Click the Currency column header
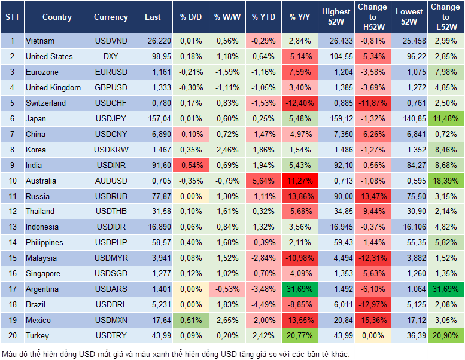click(111, 17)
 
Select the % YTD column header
click(263, 17)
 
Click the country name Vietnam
click(40, 41)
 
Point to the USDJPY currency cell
click(111, 118)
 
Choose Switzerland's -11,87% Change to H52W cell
click(373, 103)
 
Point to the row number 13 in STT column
click(12, 227)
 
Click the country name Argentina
click(42, 289)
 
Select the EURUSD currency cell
click(111, 72)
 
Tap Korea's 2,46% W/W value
click(226, 150)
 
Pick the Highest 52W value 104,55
click(336, 57)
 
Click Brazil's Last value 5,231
click(154, 304)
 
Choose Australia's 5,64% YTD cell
click(263, 181)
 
